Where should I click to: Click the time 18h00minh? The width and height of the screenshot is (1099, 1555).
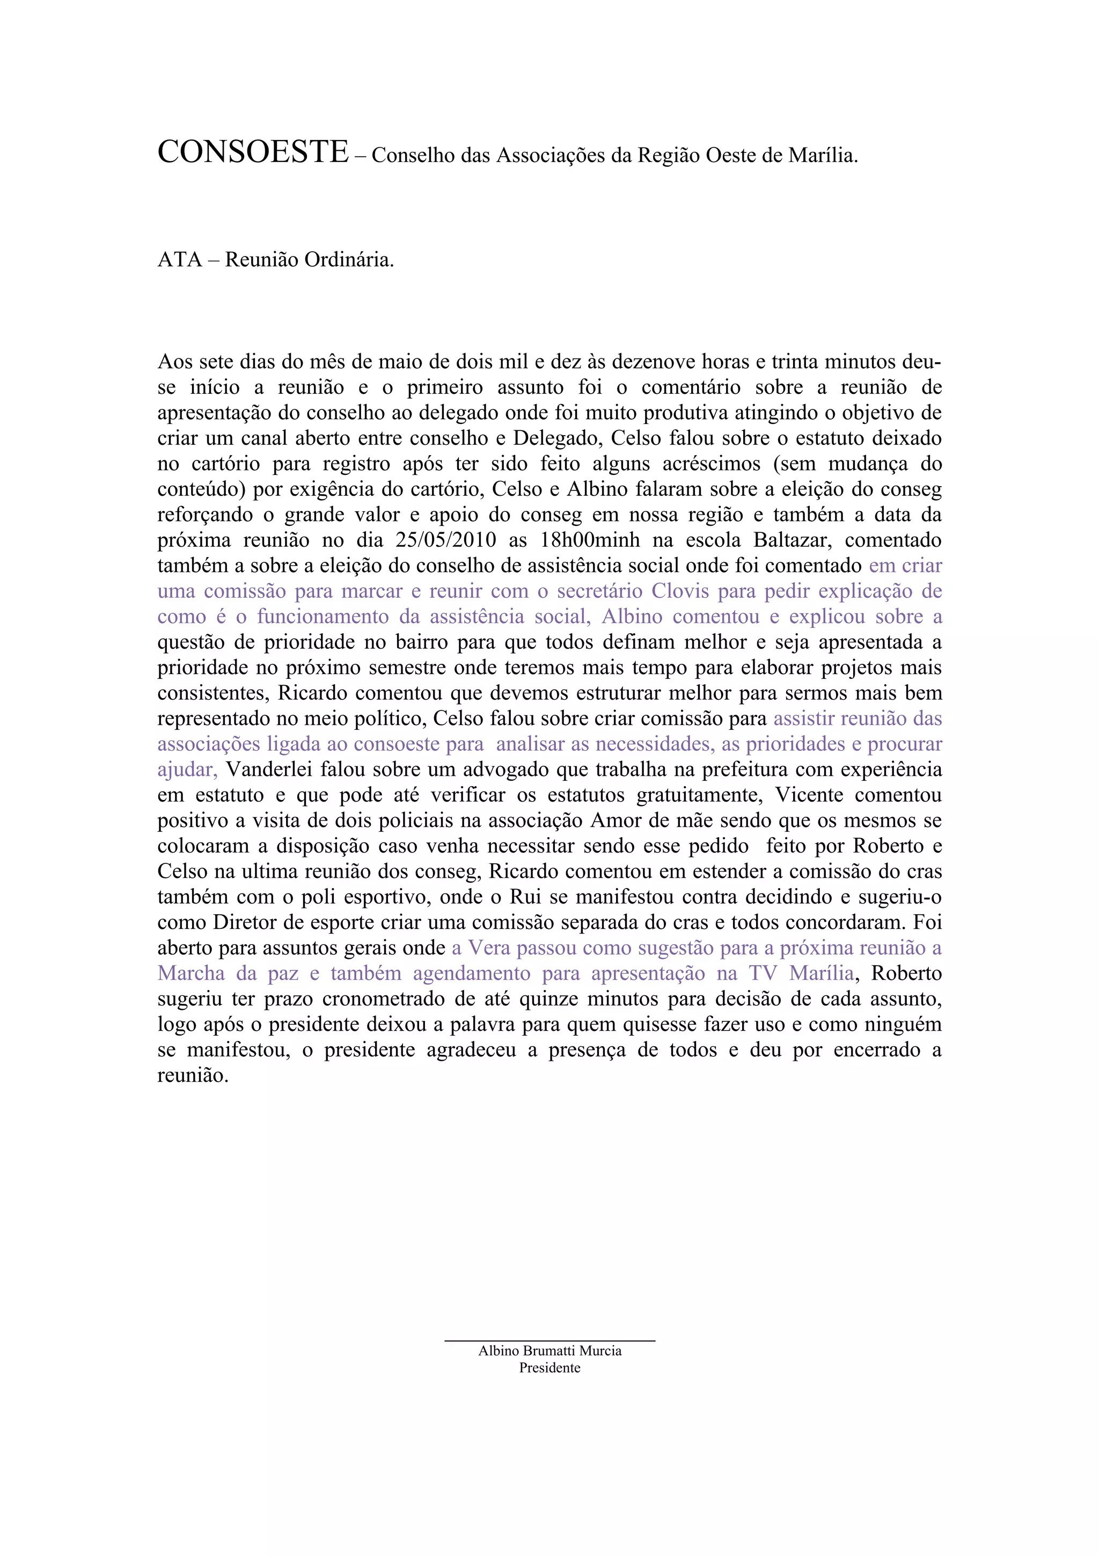point(590,540)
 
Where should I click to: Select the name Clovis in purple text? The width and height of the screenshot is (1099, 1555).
point(679,591)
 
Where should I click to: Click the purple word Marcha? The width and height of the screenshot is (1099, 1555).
point(191,974)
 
